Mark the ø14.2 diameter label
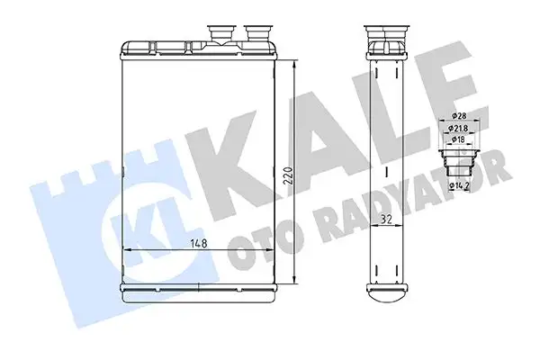463,186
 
